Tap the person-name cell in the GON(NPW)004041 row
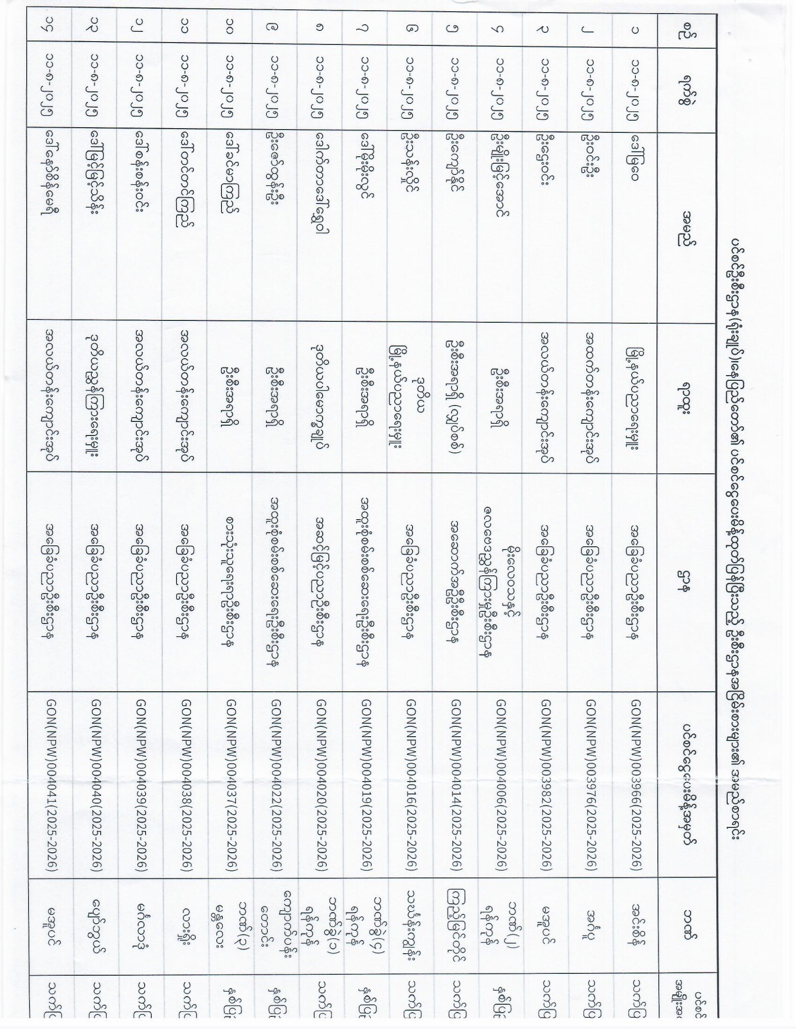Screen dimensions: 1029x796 click(51, 181)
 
